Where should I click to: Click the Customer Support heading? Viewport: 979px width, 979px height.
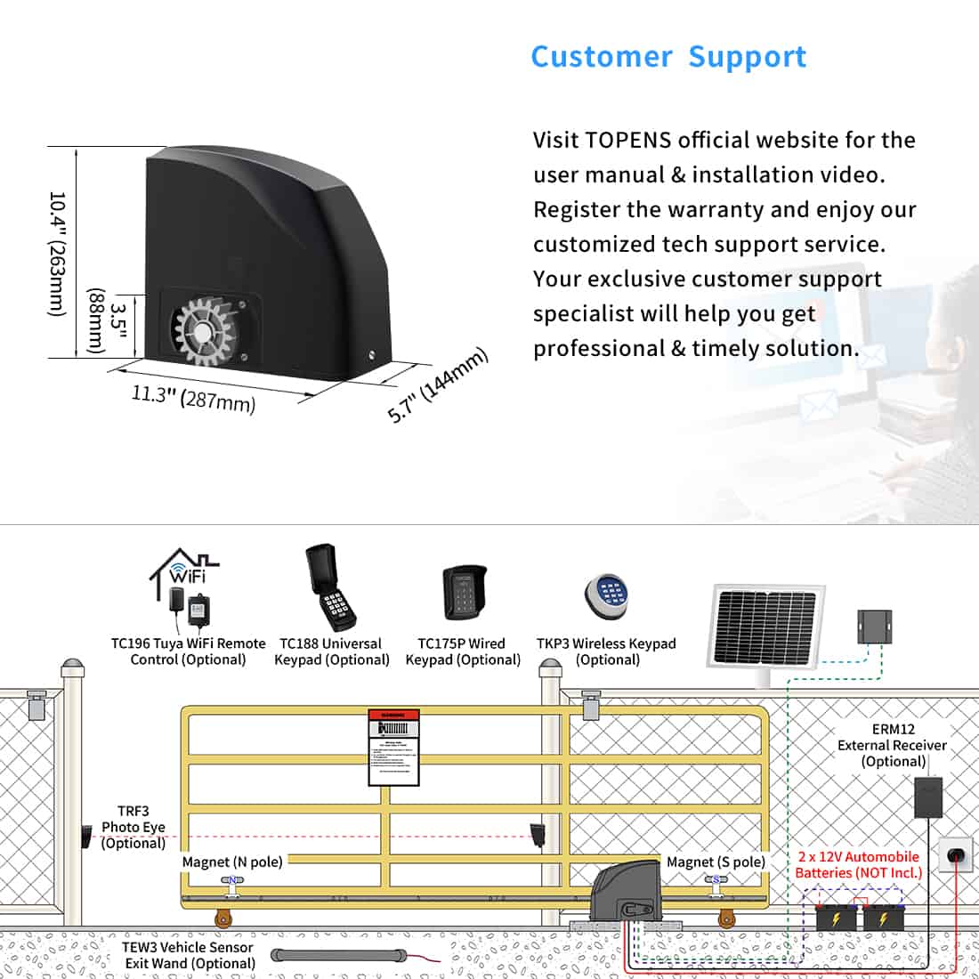[668, 57]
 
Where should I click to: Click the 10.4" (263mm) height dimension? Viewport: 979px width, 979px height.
[57, 254]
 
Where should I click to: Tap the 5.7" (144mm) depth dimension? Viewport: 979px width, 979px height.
[438, 385]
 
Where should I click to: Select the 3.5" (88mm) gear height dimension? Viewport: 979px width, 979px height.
[108, 321]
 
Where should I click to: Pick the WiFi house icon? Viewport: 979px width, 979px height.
[184, 569]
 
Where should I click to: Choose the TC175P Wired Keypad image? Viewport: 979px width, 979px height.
[464, 594]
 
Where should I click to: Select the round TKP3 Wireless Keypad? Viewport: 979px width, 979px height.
[607, 596]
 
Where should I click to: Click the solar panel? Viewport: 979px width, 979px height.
[765, 627]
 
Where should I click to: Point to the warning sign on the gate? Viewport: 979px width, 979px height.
[393, 748]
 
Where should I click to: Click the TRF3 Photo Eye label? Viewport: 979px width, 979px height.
[133, 827]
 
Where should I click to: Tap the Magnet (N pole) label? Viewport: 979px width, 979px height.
[232, 862]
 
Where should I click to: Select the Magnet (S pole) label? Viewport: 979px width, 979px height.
[716, 862]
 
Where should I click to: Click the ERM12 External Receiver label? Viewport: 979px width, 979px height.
[892, 745]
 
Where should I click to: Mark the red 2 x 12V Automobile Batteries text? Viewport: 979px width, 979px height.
[859, 864]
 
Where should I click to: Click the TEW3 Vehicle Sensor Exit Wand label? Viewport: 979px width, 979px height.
[188, 955]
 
